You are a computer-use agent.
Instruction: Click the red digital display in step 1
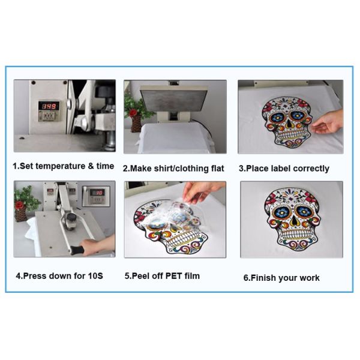point(49,106)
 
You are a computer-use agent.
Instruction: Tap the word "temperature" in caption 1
point(60,166)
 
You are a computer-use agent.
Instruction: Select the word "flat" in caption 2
point(217,168)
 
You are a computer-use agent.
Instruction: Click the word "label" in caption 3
point(280,168)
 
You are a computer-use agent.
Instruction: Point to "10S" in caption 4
point(95,275)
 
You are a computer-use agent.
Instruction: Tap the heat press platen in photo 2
point(174,99)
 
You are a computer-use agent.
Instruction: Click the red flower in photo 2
point(133,113)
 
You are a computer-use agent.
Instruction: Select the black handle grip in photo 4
point(76,250)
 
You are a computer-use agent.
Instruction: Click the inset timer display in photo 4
point(97,193)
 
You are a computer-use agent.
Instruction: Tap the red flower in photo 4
point(19,205)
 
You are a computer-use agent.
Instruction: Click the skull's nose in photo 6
point(293,221)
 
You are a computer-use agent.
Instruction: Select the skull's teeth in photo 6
point(293,234)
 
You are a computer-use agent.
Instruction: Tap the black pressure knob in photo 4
point(71,217)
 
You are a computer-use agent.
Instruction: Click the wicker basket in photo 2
point(136,124)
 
